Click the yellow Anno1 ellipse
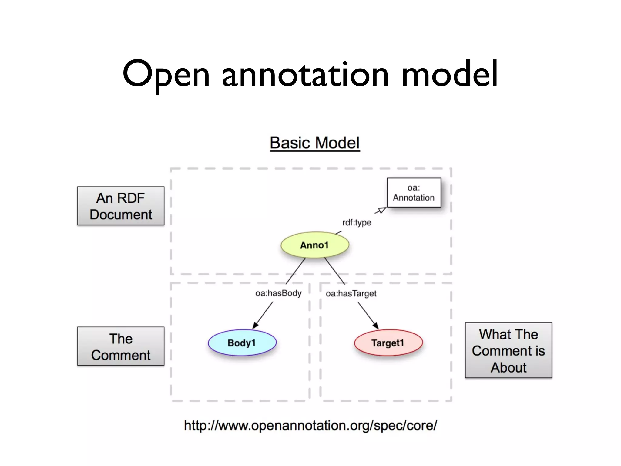[x=315, y=245]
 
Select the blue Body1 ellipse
[x=242, y=343]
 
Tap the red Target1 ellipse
[x=388, y=343]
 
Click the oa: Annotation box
[x=414, y=193]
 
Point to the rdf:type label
[x=357, y=222]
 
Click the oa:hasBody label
[x=278, y=293]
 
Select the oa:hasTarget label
[x=351, y=293]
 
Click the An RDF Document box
[x=121, y=206]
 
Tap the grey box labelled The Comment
[x=121, y=346]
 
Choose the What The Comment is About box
[x=509, y=350]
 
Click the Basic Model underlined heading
[x=315, y=143]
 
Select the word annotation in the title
[x=305, y=74]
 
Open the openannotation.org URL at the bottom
[x=310, y=425]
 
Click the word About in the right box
[x=509, y=367]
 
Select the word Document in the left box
[x=121, y=214]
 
